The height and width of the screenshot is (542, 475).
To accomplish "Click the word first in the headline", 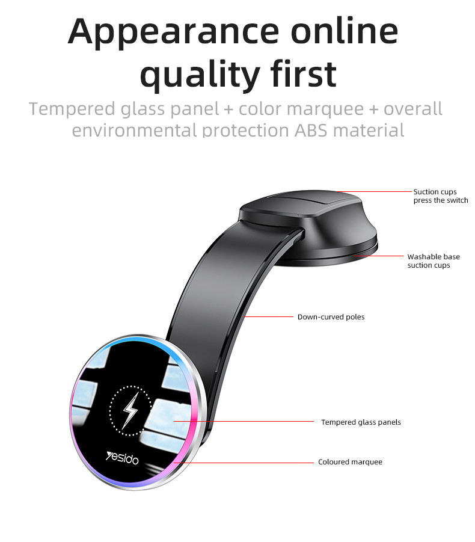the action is [x=304, y=73].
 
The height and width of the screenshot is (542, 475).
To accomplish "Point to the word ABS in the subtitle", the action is [x=311, y=131].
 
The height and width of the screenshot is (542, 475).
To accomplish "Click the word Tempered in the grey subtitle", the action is [x=72, y=109].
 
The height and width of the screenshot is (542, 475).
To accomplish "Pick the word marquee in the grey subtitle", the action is [x=325, y=110].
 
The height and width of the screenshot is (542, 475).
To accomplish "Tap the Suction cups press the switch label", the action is [x=441, y=196].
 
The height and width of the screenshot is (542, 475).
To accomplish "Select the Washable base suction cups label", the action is [x=434, y=261].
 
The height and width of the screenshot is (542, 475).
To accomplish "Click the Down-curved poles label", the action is [x=331, y=317].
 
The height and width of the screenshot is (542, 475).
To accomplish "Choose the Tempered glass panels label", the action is [x=361, y=422].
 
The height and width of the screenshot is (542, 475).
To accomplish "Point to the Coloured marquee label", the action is [x=351, y=462].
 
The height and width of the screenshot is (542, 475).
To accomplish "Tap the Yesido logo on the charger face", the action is [x=122, y=458].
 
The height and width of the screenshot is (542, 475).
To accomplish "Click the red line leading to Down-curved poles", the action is [x=268, y=316].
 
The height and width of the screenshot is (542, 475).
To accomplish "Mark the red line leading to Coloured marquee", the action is [x=244, y=462].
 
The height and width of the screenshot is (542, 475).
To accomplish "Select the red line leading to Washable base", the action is [x=378, y=256].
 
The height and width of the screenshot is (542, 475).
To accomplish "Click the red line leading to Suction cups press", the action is [x=375, y=191].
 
